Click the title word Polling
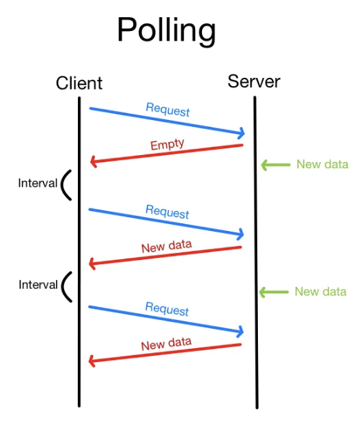[166, 30]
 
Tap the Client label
[79, 83]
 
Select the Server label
[254, 81]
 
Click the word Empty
[168, 145]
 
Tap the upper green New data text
[322, 164]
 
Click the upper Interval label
[37, 184]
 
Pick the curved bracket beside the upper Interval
[66, 185]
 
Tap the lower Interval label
[37, 285]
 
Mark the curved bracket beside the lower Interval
[66, 285]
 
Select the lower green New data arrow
[273, 292]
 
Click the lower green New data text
[321, 292]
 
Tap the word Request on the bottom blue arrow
[167, 310]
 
